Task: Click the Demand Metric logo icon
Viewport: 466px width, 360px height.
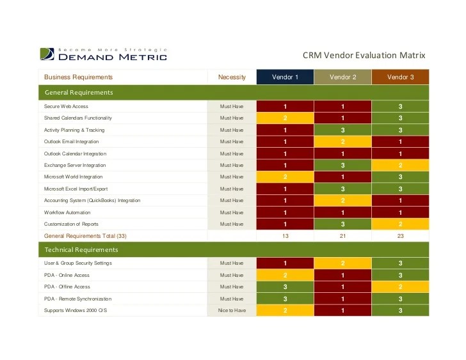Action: pos(47,54)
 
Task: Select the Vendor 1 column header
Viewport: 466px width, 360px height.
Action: pos(285,77)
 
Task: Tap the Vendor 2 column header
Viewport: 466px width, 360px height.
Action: pos(342,77)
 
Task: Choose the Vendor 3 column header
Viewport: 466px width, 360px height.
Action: pos(400,77)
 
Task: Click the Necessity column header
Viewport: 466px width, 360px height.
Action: pos(232,77)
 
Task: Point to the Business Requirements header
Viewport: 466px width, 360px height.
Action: pos(78,77)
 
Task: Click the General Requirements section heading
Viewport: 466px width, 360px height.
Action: pos(79,92)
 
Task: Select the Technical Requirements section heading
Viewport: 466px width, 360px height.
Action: pos(81,249)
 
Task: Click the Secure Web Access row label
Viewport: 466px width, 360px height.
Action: pos(66,106)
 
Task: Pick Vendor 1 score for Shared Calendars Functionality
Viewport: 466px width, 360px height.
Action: pos(285,118)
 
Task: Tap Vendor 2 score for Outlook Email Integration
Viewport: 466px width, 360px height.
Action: pos(342,141)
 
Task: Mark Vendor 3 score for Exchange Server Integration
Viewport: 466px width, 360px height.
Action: pos(400,165)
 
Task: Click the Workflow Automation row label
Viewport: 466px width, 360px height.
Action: pos(67,212)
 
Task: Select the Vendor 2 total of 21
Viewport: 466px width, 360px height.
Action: pos(342,236)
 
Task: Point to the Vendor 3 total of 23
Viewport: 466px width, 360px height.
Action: pos(400,236)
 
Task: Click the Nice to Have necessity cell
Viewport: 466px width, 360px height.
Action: pos(232,311)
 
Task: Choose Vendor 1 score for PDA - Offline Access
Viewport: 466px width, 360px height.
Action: pos(285,287)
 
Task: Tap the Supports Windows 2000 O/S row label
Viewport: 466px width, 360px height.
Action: pos(76,311)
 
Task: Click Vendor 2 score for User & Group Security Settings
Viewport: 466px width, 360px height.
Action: pos(342,263)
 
